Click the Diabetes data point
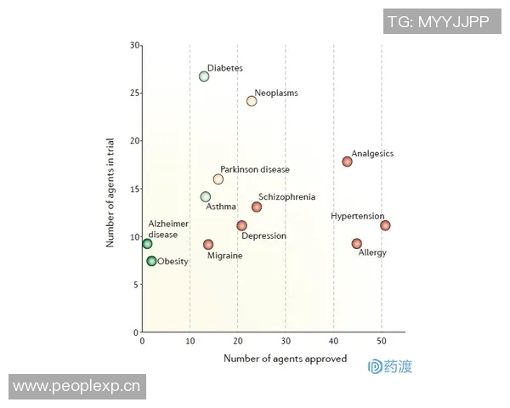click(x=204, y=76)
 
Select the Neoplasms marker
click(x=252, y=101)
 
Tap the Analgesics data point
click(x=347, y=161)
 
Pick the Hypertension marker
click(x=385, y=225)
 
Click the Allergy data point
click(x=356, y=244)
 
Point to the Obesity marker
click(x=151, y=261)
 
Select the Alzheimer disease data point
click(x=147, y=244)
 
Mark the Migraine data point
click(x=208, y=245)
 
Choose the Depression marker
click(x=241, y=226)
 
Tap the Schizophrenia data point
click(x=257, y=207)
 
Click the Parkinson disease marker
click(x=218, y=179)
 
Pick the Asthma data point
click(x=205, y=197)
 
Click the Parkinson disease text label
click(x=254, y=169)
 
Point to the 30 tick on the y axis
click(x=135, y=44)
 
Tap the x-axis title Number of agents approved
click(x=285, y=359)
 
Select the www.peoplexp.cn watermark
click(x=76, y=387)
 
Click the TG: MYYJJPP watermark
click(x=438, y=23)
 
